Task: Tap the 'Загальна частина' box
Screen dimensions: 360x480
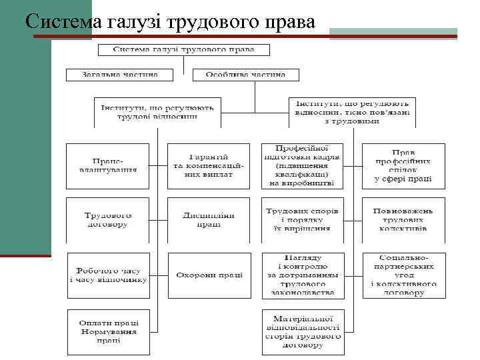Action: [119, 75]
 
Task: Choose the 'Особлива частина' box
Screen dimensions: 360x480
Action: [245, 75]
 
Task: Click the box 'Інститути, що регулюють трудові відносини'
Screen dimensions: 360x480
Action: [157, 112]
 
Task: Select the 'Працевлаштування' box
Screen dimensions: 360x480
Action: [108, 165]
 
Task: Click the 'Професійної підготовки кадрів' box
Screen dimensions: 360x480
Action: [302, 165]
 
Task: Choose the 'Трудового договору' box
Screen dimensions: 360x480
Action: [108, 220]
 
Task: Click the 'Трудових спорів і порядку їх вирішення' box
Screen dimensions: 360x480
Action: [302, 220]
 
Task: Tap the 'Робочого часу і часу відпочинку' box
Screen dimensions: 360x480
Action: [108, 275]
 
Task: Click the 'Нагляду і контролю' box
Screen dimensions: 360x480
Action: [302, 275]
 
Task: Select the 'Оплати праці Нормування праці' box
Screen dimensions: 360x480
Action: [108, 330]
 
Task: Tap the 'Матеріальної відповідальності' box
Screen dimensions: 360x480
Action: [302, 330]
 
